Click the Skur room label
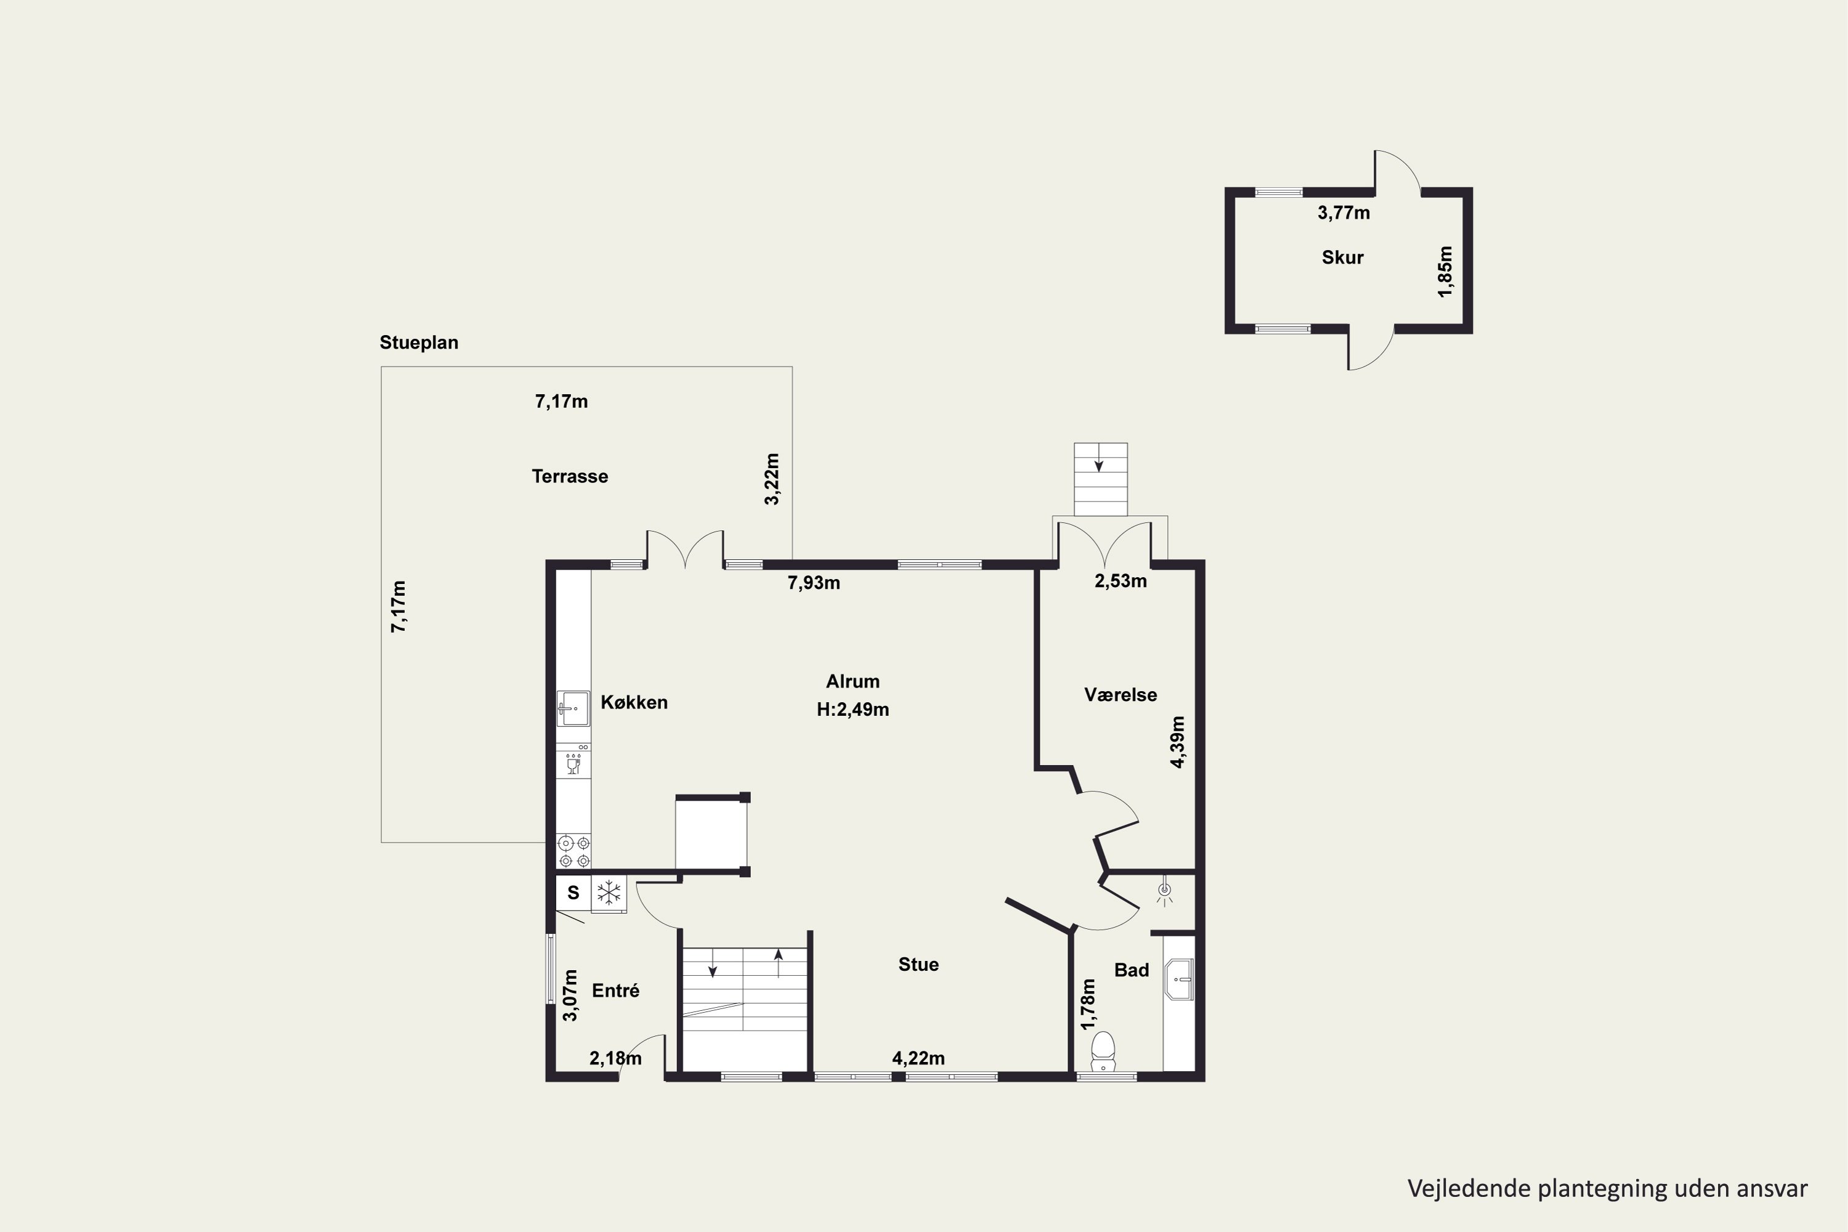tap(1342, 257)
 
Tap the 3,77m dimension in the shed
tap(1343, 212)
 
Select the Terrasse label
tap(570, 476)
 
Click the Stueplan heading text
tap(419, 342)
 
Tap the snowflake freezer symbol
tap(609, 893)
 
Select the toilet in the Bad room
tap(1103, 1052)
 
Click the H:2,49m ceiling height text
tap(853, 710)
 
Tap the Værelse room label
tap(1121, 695)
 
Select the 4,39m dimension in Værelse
tap(1178, 742)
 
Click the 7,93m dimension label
tap(814, 583)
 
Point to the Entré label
tap(615, 991)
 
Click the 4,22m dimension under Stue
tap(918, 1058)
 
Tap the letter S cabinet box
tap(573, 893)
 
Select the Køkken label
tap(634, 702)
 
